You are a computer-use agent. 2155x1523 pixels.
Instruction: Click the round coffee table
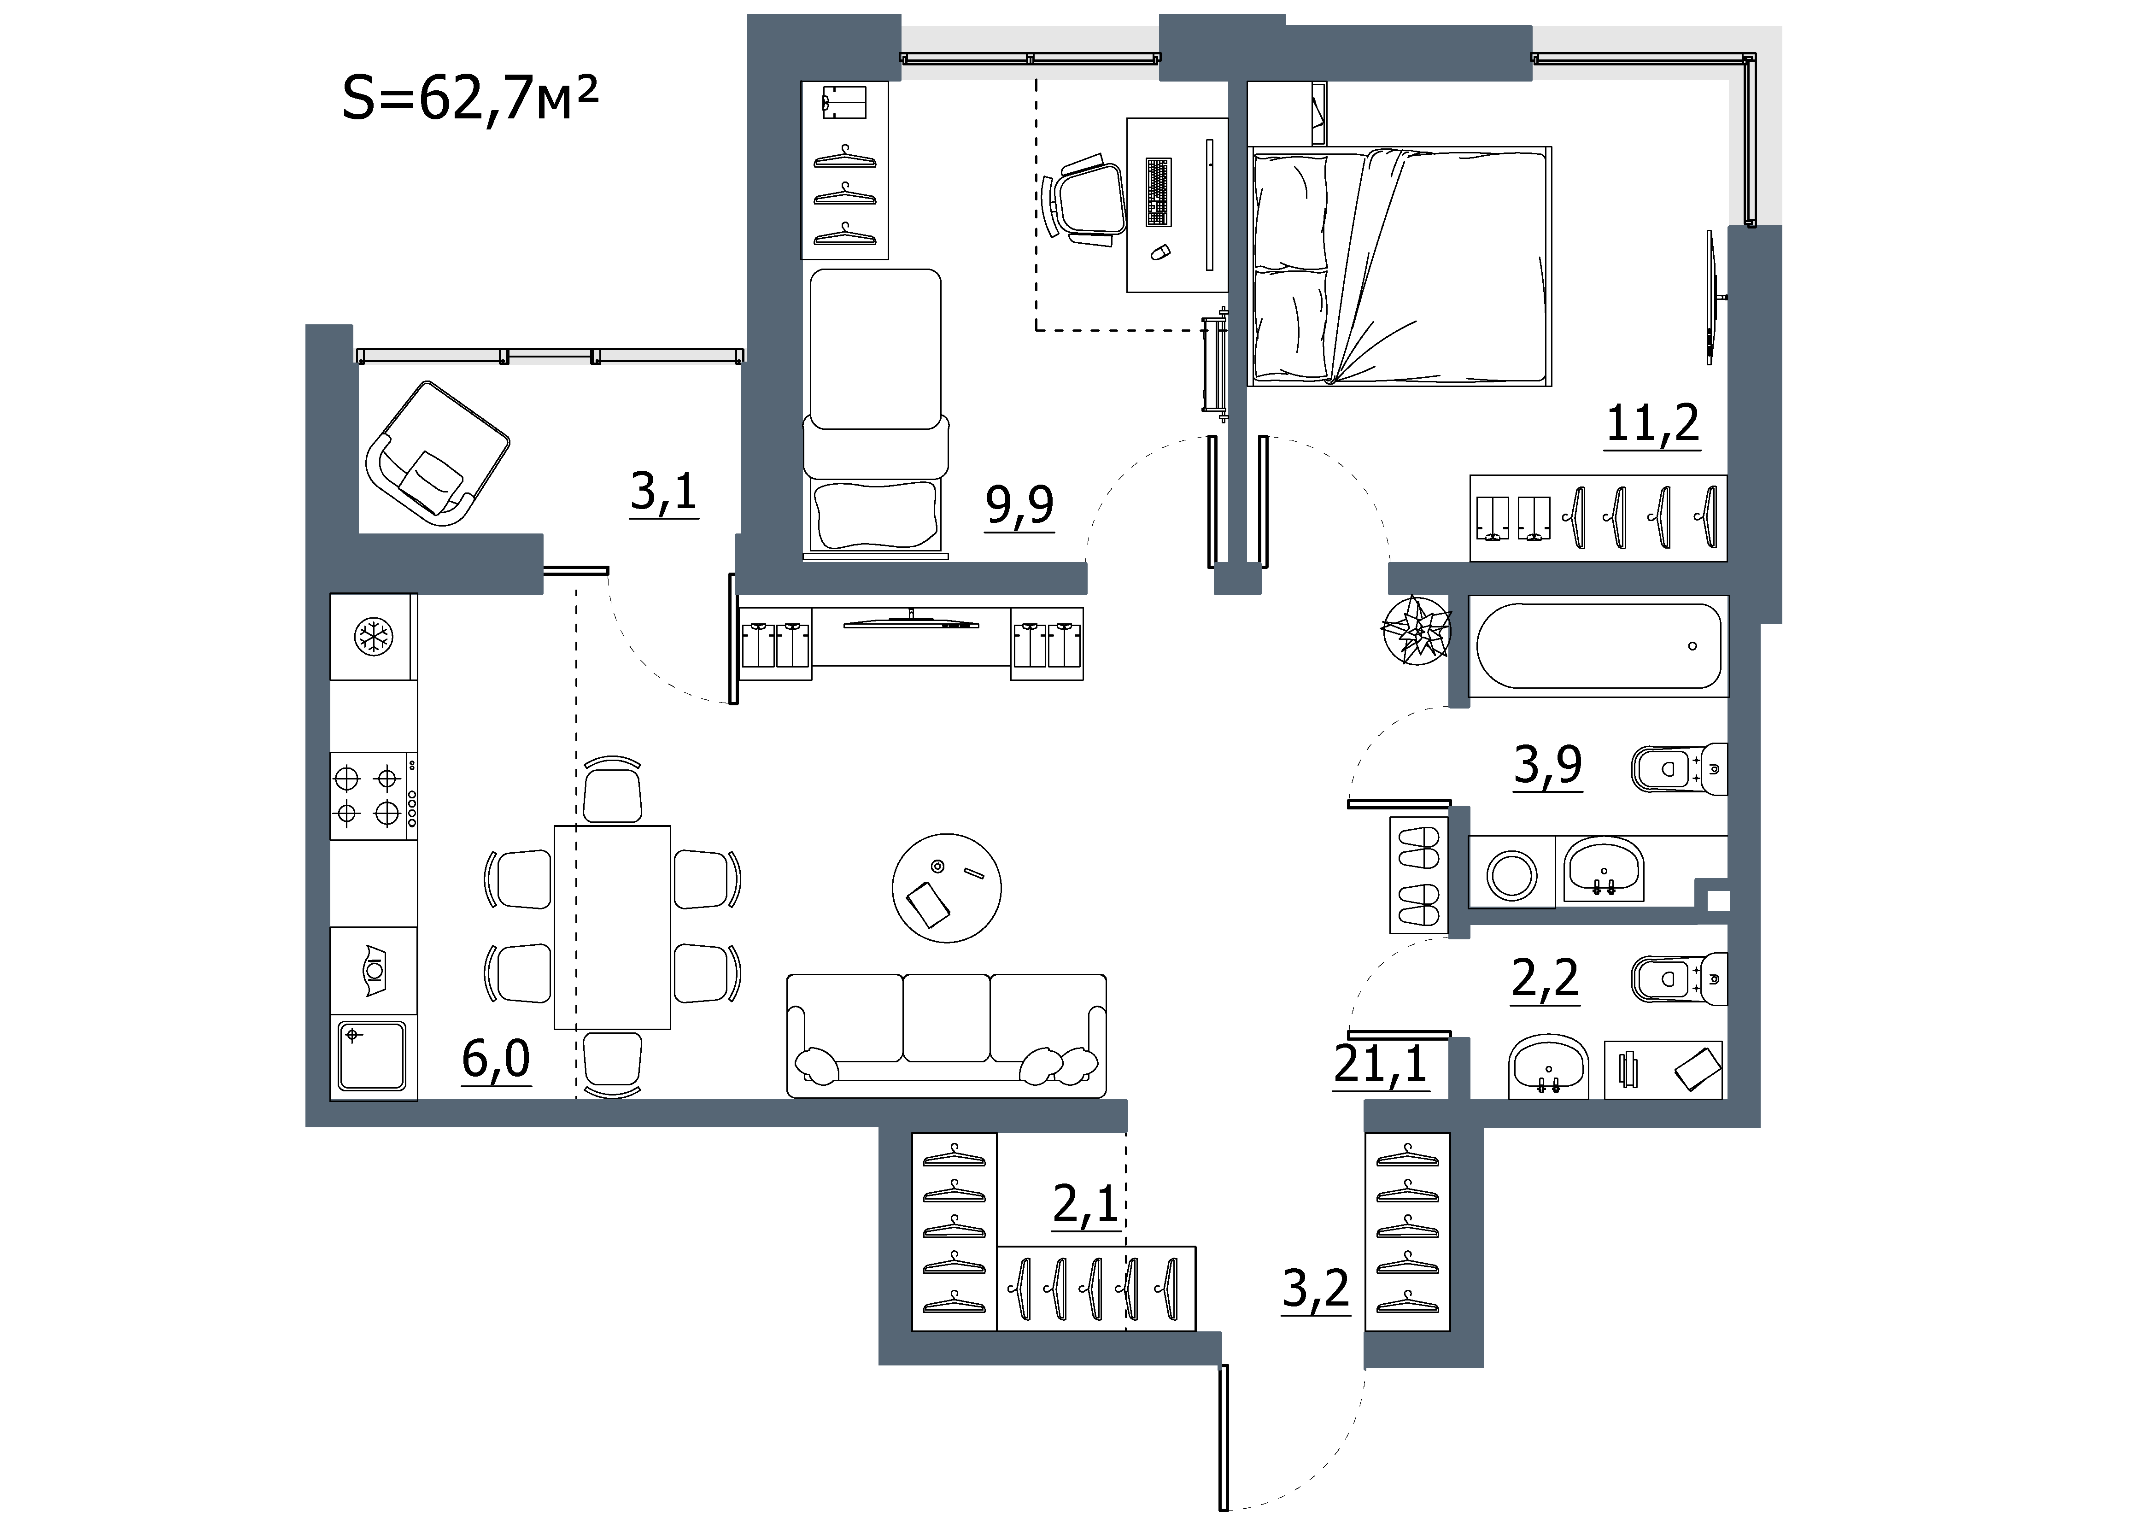pyautogui.click(x=946, y=888)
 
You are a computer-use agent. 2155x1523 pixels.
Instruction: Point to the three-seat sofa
pyautogui.click(x=946, y=1035)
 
